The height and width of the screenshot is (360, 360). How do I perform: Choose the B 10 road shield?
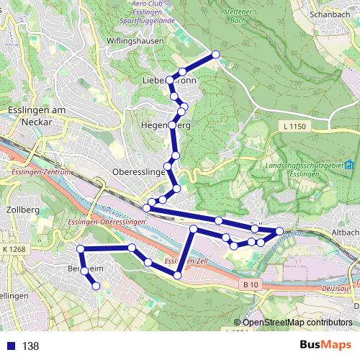(x=250, y=285)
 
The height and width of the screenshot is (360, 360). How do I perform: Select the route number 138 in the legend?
(x=30, y=346)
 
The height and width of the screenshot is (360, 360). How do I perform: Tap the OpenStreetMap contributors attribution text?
(x=297, y=323)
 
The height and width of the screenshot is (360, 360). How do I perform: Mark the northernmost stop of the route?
(x=215, y=55)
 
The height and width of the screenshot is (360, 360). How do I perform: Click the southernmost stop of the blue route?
(x=95, y=286)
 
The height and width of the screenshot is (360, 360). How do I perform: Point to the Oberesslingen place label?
(x=140, y=173)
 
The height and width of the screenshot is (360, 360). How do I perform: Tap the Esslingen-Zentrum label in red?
(x=40, y=173)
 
